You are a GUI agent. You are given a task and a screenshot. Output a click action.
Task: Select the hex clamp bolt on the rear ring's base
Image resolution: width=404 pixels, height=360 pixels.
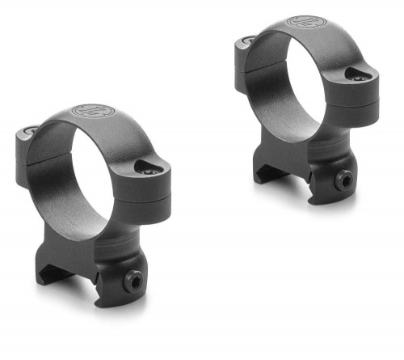click(344, 184)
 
